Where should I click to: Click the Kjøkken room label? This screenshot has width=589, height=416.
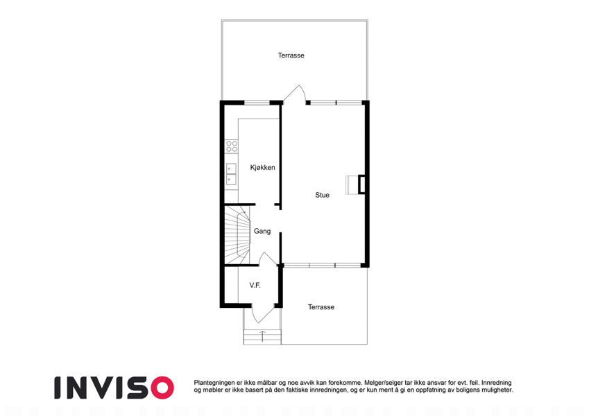pos(262,168)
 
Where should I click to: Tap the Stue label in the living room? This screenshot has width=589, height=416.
pos(323,195)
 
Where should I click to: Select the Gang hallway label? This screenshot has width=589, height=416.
pos(262,232)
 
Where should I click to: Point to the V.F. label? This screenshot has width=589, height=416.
pos(255,286)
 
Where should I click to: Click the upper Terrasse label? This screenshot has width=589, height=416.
pos(291,55)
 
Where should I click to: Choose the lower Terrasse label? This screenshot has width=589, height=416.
pos(321,307)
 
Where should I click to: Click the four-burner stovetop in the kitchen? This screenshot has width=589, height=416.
pos(232,146)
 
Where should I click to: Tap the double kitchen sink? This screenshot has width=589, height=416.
pos(231,175)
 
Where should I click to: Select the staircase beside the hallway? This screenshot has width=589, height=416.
pos(237,235)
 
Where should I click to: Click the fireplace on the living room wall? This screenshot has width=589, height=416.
pos(356,184)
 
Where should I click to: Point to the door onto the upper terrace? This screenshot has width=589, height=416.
pos(294,94)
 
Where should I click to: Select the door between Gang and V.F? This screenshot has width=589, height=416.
pos(268,259)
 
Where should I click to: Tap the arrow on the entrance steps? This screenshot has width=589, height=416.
pos(262,336)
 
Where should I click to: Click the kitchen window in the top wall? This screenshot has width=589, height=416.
pos(257,102)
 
